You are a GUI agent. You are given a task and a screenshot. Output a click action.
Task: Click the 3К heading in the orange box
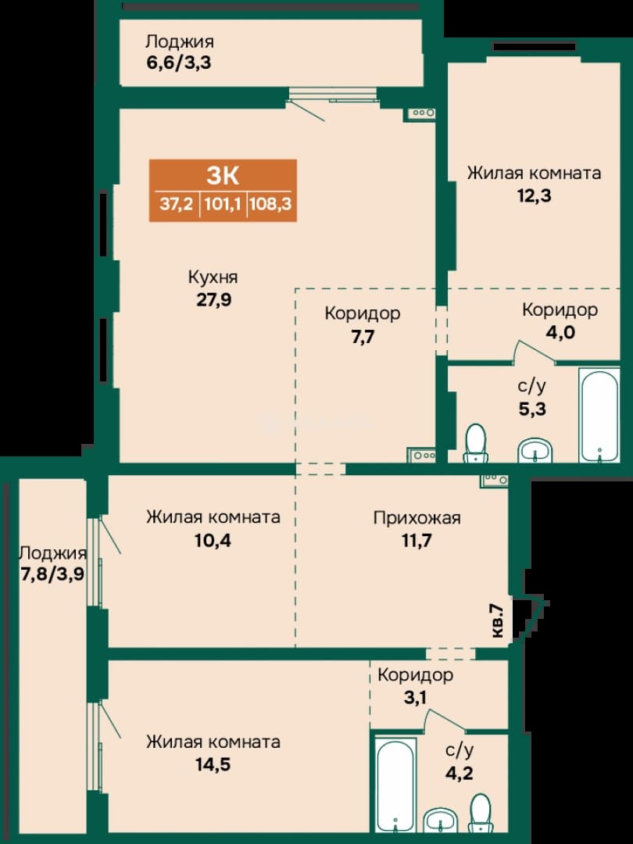[x=222, y=175]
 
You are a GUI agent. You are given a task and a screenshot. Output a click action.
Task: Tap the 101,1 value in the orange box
[x=223, y=205]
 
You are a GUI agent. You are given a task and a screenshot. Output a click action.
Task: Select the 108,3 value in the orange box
[x=270, y=205]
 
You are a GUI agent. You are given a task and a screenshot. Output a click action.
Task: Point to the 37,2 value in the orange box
[x=176, y=205]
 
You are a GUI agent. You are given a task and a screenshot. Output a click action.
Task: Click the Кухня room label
[x=213, y=277]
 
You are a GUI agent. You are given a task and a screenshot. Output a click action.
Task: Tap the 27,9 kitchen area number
[x=213, y=299]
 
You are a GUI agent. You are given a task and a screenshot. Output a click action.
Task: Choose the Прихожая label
[x=417, y=518]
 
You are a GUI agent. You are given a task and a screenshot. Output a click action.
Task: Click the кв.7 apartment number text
[x=497, y=620]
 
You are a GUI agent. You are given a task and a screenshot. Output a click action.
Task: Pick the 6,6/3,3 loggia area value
[x=178, y=63]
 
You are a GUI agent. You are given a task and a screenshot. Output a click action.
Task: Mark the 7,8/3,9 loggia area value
[x=52, y=575]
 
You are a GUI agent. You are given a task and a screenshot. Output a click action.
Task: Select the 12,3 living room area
[x=534, y=195]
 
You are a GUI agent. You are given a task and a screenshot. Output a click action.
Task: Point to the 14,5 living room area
[x=213, y=764]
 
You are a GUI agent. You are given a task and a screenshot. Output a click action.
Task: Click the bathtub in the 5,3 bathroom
[x=599, y=414]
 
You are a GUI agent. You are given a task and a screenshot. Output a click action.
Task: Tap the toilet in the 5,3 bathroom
[x=475, y=444]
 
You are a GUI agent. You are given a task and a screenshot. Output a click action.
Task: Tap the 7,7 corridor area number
[x=363, y=337]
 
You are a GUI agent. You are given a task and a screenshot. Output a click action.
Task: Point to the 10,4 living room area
[x=213, y=540]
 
